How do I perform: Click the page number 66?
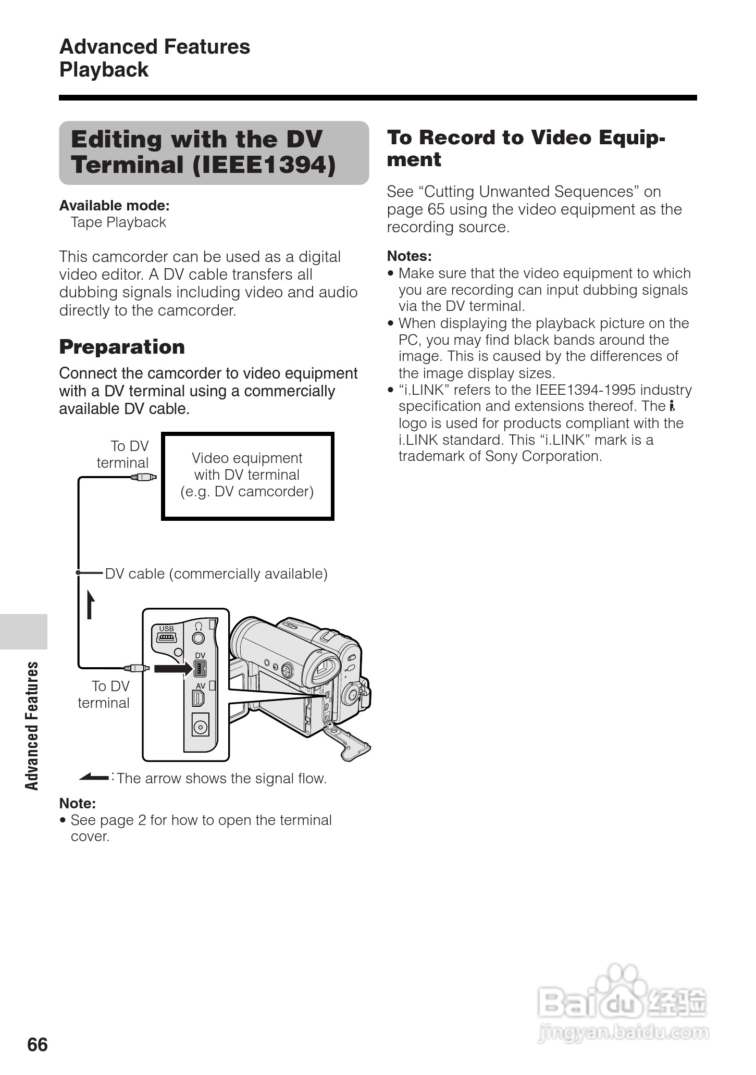[x=38, y=1044]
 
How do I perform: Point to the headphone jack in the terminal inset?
[x=198, y=637]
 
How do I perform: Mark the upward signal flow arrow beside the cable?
[x=91, y=604]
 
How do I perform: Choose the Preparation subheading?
[x=122, y=347]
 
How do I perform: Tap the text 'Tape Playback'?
[x=118, y=222]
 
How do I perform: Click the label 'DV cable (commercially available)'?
[x=216, y=573]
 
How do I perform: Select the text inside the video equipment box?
[x=247, y=475]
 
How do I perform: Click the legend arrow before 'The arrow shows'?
[x=94, y=778]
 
